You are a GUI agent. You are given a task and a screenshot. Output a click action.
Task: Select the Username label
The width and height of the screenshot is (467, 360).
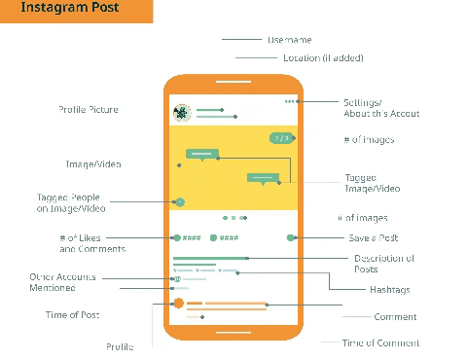click(x=290, y=40)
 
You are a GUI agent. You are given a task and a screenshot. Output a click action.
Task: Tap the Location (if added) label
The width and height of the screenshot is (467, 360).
click(x=323, y=57)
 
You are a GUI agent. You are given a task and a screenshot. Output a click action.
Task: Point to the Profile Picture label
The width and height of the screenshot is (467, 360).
click(x=89, y=110)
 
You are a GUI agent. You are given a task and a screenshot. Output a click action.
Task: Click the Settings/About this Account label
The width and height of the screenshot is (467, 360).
click(x=380, y=108)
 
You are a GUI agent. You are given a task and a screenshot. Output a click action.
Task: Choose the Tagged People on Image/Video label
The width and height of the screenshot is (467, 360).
click(x=72, y=202)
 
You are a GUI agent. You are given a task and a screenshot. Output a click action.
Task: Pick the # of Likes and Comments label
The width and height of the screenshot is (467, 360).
click(x=92, y=243)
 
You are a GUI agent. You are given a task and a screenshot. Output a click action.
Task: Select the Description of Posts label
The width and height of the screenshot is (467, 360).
click(x=384, y=263)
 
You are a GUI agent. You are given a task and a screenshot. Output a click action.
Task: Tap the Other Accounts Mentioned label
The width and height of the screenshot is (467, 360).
click(x=65, y=282)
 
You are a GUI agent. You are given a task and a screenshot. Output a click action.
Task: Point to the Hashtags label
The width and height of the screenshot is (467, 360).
click(x=389, y=289)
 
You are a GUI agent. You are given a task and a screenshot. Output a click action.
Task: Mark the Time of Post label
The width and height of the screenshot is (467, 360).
click(x=73, y=315)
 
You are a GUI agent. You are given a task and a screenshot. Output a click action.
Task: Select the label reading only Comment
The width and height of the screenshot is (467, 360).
click(x=395, y=316)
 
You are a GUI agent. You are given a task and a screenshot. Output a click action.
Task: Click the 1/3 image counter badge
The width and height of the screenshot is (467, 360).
click(x=281, y=138)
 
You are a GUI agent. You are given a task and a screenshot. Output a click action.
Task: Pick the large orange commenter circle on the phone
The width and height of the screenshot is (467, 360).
click(x=178, y=304)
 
